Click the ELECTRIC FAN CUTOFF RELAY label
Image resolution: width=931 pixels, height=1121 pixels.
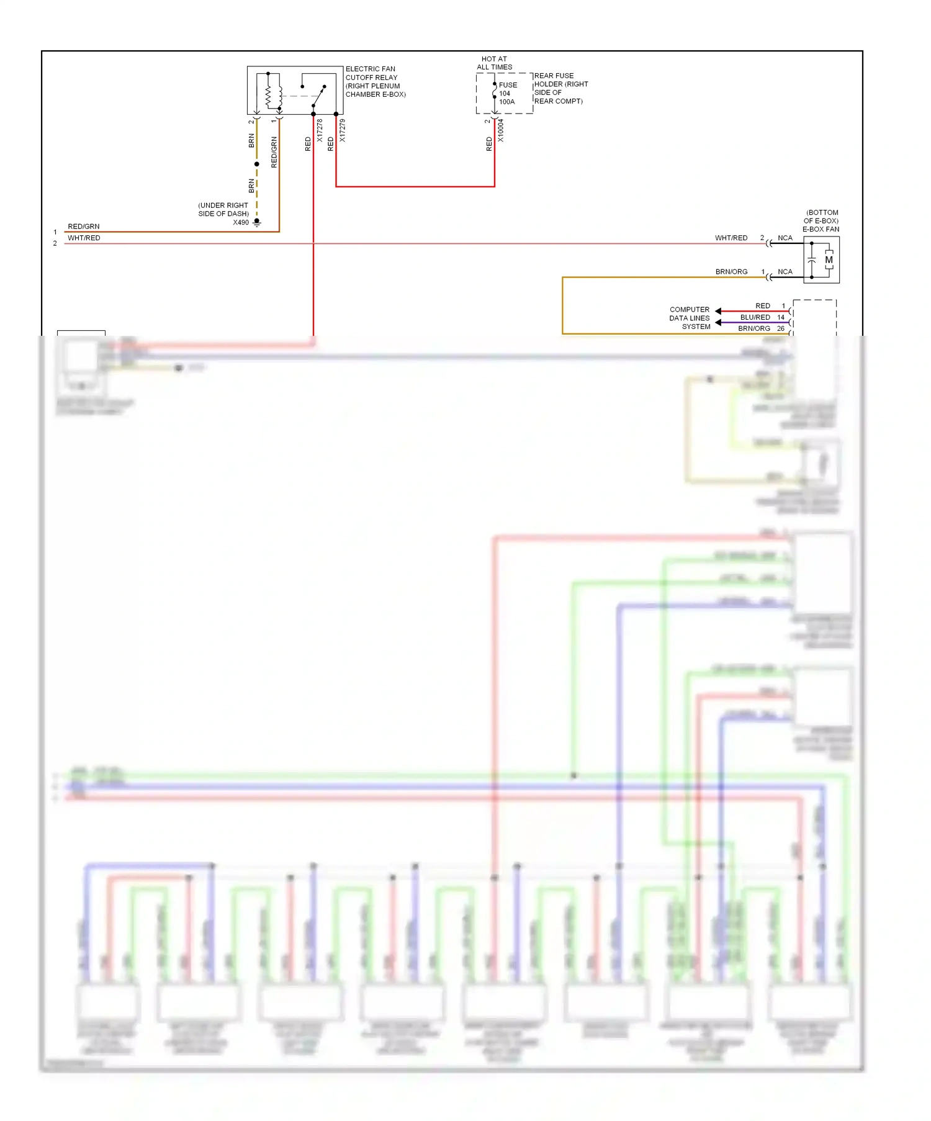tap(375, 81)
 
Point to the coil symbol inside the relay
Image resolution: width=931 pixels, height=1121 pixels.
tap(269, 94)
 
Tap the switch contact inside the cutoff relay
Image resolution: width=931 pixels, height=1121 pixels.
tap(318, 96)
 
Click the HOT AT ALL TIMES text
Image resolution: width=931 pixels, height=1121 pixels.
tap(495, 63)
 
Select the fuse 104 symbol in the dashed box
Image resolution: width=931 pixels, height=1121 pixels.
tap(495, 94)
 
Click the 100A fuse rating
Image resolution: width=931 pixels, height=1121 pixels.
tap(507, 102)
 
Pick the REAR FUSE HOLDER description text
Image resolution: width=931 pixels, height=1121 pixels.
tap(560, 88)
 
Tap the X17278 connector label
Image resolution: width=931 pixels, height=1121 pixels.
tap(320, 131)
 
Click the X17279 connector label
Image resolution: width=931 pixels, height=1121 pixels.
tap(342, 131)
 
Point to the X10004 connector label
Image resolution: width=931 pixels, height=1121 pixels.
tap(500, 131)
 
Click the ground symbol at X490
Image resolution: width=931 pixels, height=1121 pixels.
tap(257, 222)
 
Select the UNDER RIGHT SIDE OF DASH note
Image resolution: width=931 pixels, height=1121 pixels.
tap(223, 209)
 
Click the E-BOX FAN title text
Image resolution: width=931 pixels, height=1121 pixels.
tap(821, 229)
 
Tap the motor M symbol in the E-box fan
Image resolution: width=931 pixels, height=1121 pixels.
tap(829, 260)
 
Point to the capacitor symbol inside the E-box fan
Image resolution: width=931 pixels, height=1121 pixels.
tap(812, 260)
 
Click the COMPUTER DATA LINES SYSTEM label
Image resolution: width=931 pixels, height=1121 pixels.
tap(690, 318)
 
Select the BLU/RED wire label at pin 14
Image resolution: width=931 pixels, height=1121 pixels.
tap(755, 317)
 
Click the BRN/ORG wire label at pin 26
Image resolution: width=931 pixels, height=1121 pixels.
tap(753, 328)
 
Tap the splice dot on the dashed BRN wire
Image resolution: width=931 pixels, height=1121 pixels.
tap(257, 164)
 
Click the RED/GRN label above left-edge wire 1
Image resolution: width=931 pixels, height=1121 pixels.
tap(84, 227)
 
